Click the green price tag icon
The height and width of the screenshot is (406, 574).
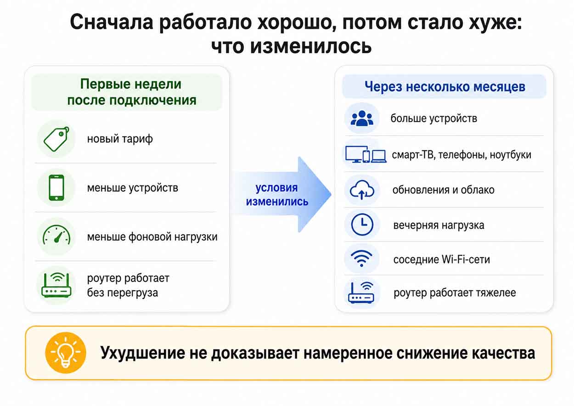(x=56, y=139)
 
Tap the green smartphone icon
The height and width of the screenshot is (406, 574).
(x=56, y=188)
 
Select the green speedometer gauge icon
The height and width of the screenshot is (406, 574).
(x=56, y=235)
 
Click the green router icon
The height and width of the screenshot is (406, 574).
(x=56, y=285)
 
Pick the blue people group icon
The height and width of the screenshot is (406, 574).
(x=362, y=118)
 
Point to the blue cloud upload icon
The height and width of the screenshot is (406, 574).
(x=362, y=190)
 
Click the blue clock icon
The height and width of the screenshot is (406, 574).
(x=362, y=225)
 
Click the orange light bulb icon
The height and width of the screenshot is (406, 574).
(x=66, y=352)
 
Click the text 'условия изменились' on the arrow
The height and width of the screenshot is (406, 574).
(x=277, y=195)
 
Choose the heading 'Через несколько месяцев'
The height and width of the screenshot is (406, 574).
(x=445, y=87)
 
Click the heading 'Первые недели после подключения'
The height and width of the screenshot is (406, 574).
(x=131, y=92)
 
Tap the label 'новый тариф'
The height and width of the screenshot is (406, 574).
(x=120, y=139)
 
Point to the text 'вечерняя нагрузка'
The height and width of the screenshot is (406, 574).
(x=439, y=226)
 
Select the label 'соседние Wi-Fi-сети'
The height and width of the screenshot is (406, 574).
(x=441, y=259)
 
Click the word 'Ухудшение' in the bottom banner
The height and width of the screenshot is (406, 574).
(x=142, y=353)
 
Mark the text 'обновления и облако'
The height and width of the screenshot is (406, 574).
(x=443, y=190)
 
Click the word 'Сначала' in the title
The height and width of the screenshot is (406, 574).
(x=112, y=23)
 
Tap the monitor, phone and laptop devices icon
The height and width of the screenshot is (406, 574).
(x=366, y=154)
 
